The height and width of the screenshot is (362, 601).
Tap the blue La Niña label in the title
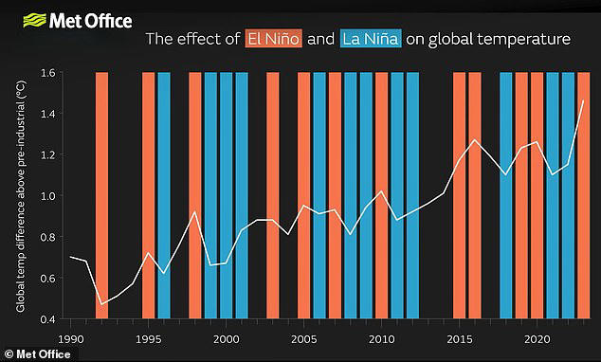click(369, 40)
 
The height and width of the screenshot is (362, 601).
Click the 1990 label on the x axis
click(70, 337)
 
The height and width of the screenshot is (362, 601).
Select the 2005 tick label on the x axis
click(303, 337)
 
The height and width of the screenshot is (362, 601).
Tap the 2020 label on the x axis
click(537, 337)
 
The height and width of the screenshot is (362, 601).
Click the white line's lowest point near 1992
click(101, 304)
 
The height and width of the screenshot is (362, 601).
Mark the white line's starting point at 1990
click(71, 257)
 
